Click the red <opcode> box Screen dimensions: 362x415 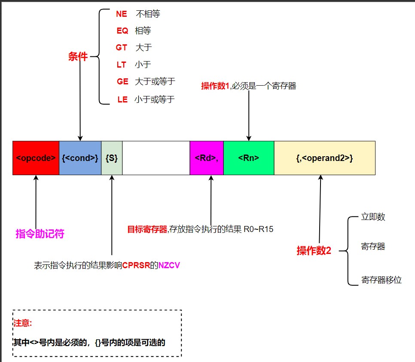(x=36, y=158)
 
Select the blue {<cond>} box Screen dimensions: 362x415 (x=80, y=158)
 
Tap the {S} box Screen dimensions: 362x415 (x=112, y=158)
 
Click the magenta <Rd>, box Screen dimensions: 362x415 (x=206, y=158)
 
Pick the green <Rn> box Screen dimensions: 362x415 (x=248, y=158)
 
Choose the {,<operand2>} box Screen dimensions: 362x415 (x=324, y=158)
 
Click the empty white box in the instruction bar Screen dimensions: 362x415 (x=156, y=158)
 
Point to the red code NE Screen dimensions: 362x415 (x=122, y=14)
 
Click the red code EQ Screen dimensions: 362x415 (x=122, y=31)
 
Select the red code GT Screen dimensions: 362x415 (x=122, y=48)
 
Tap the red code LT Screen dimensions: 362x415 (x=122, y=65)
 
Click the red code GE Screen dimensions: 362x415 (x=122, y=81)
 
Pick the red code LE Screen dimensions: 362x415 (x=122, y=99)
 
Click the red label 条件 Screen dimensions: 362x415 (x=78, y=57)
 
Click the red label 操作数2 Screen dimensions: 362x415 (x=314, y=251)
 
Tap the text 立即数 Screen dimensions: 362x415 (x=373, y=217)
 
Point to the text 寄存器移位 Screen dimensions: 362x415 (x=381, y=280)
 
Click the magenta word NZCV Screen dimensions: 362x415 (x=169, y=266)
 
